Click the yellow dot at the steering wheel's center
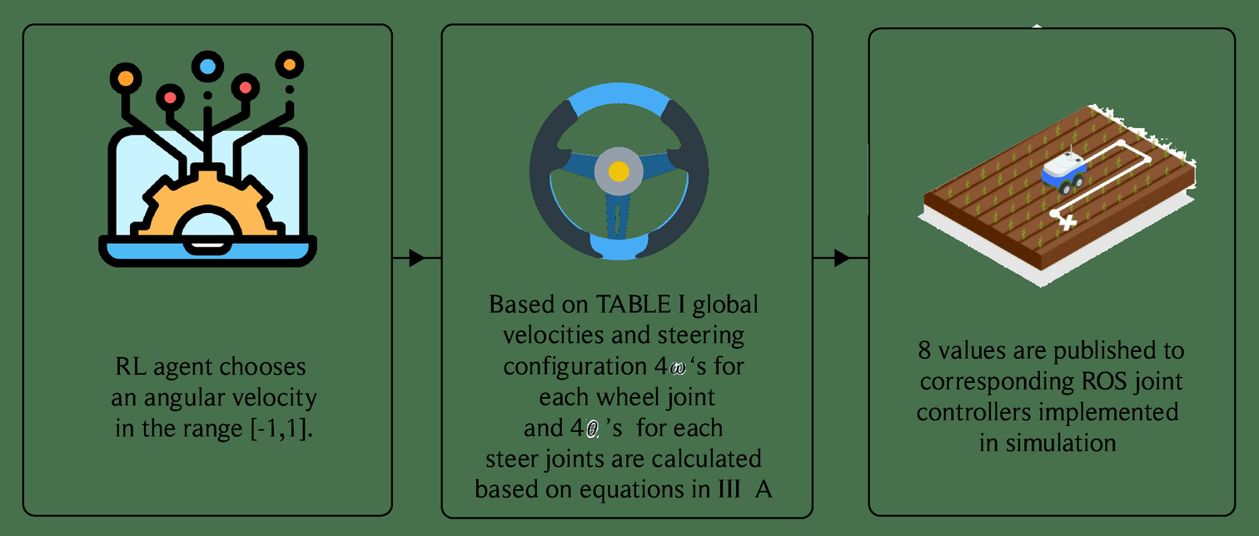(x=618, y=171)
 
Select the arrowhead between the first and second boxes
(x=417, y=258)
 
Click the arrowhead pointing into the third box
(x=841, y=258)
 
